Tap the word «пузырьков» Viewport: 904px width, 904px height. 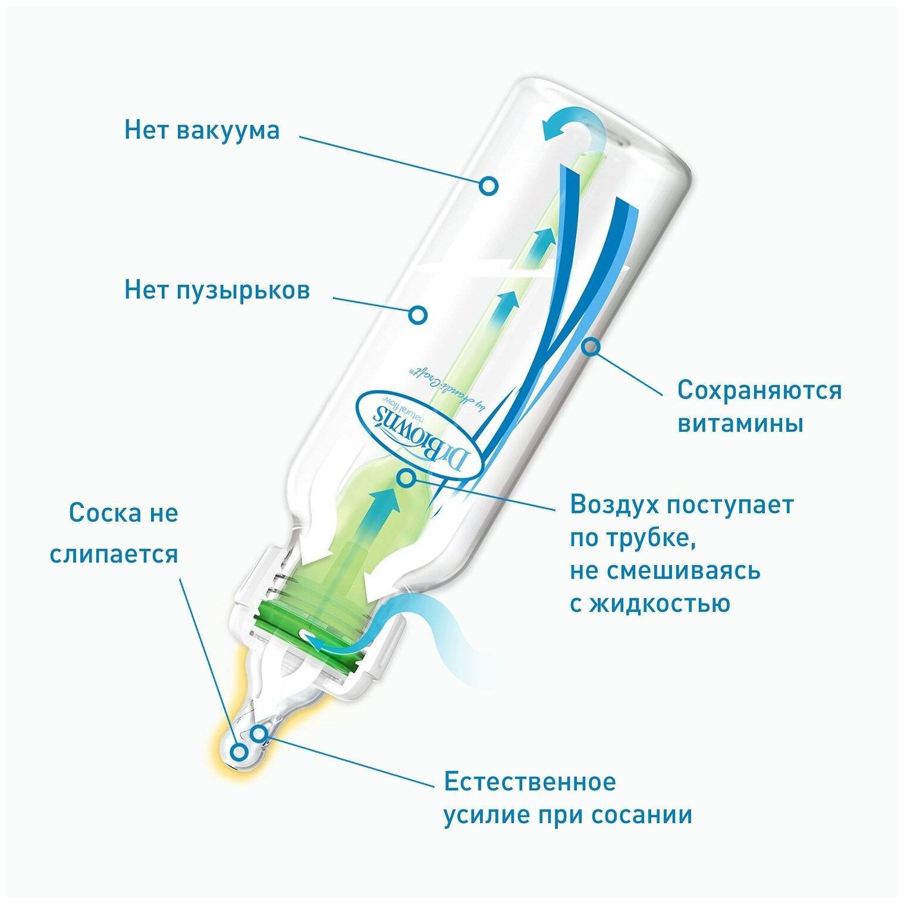coord(243,290)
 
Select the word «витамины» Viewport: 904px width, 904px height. coord(740,423)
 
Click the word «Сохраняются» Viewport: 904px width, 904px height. coord(759,391)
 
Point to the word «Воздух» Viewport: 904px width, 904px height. coord(614,504)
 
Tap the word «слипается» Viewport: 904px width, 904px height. coord(114,554)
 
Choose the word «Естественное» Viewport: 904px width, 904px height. coord(530,781)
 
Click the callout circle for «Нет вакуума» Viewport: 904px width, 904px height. coord(488,186)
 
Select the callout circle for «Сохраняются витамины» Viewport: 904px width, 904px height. coord(590,347)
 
